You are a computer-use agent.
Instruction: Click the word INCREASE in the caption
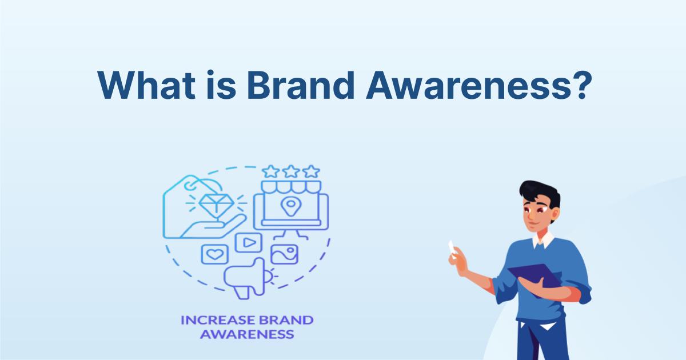click(x=215, y=320)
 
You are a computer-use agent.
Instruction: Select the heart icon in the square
click(x=215, y=254)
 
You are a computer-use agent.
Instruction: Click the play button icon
click(x=248, y=242)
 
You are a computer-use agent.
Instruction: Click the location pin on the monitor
click(x=291, y=205)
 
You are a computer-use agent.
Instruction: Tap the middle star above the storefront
click(x=291, y=171)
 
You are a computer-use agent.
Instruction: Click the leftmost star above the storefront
click(x=272, y=171)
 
